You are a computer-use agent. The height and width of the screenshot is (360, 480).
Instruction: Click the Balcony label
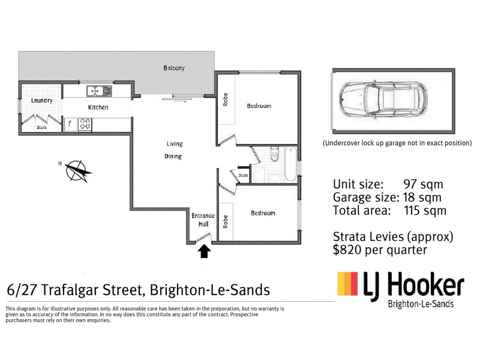(174, 68)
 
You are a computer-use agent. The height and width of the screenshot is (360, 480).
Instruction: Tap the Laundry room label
(42, 101)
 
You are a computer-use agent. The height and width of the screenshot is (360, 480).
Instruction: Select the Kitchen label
(98, 107)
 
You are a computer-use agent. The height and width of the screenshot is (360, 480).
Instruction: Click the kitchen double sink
(99, 91)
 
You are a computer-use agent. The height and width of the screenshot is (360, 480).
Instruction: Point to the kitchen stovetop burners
(86, 125)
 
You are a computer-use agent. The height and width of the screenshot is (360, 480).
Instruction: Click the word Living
(175, 144)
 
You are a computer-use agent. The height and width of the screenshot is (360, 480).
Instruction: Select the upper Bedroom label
(259, 106)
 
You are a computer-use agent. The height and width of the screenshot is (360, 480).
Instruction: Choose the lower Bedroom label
(263, 213)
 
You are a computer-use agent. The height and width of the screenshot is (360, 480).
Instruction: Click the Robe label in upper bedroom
(226, 99)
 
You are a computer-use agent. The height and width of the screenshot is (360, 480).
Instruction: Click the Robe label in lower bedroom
(226, 222)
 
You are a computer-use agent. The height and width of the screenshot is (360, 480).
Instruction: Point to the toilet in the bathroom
(274, 155)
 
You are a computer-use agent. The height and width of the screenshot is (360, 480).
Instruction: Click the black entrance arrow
(205, 251)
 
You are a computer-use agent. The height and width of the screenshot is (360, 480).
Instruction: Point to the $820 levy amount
(349, 250)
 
